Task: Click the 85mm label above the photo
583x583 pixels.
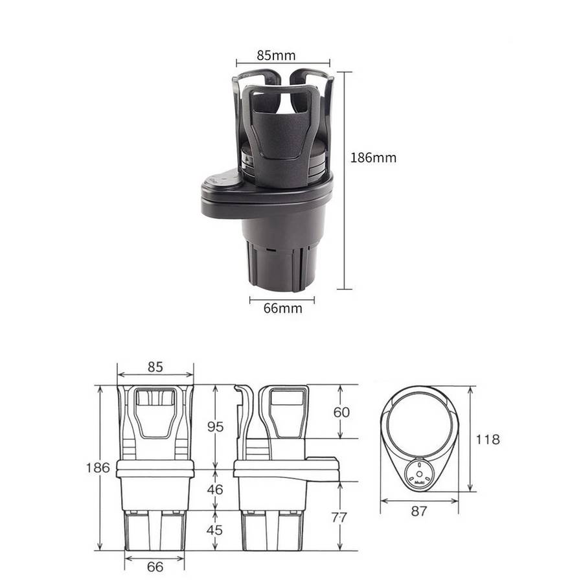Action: coord(276,55)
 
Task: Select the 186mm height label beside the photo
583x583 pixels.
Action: coord(372,157)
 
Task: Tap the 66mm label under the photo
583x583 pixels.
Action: coord(282,308)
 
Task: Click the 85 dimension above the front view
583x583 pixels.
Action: coord(155,367)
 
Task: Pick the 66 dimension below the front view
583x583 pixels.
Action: coord(155,567)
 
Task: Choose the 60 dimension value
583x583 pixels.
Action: coord(341,412)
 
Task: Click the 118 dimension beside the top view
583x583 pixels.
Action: coord(488,439)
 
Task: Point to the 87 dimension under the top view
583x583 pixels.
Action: coord(419,511)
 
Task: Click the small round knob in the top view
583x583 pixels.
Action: coord(418,474)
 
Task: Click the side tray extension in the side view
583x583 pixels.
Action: coord(322,463)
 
